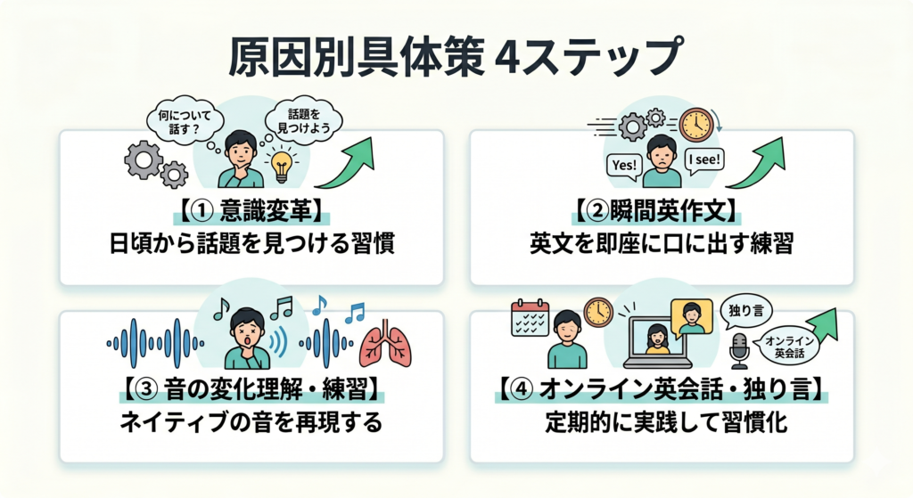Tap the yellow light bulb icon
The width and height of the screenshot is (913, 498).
(283, 167)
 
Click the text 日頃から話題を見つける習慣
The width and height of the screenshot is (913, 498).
(251, 245)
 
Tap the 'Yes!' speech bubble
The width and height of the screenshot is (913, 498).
(623, 165)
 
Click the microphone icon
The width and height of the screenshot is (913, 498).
(739, 351)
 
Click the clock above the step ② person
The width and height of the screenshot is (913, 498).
(695, 125)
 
